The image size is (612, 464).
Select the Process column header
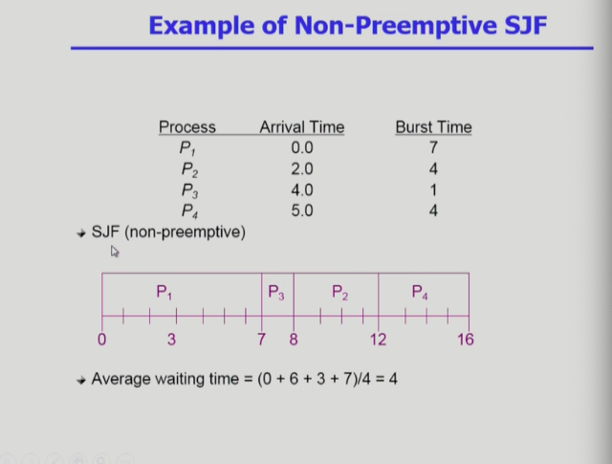(187, 127)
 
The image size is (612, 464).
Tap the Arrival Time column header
(302, 127)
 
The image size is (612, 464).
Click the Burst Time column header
(433, 127)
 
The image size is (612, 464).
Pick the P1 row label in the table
(187, 148)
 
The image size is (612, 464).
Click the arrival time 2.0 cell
(302, 168)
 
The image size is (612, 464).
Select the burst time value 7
(433, 147)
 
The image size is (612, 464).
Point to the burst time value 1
(433, 189)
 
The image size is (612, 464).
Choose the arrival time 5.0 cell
(302, 210)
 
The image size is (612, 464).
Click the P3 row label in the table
(189, 191)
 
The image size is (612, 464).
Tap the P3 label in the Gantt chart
(276, 293)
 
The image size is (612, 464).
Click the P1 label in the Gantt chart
(164, 292)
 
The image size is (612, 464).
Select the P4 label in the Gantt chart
(420, 292)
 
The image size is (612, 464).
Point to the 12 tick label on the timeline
(379, 340)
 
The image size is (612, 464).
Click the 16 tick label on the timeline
(466, 340)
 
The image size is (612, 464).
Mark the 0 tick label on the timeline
(102, 340)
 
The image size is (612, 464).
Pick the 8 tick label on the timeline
(294, 340)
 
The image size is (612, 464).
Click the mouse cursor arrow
(115, 252)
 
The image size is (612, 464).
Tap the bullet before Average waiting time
(81, 381)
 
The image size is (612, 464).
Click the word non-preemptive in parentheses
(185, 232)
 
